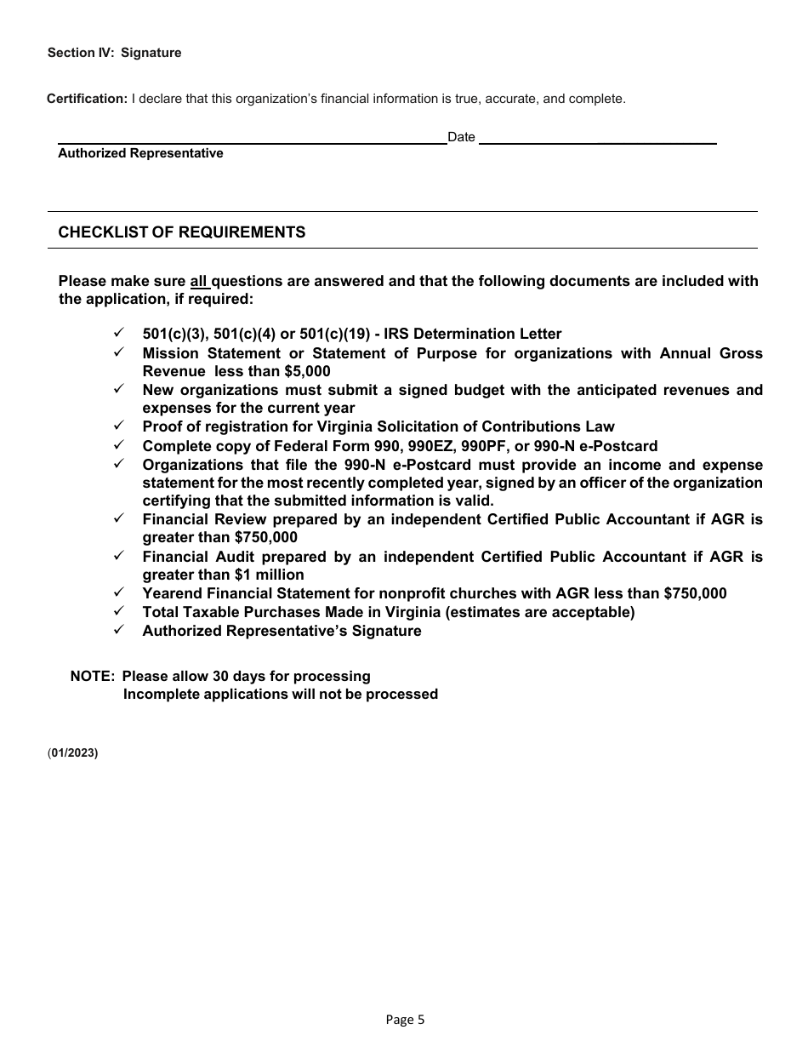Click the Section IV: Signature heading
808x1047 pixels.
[115, 53]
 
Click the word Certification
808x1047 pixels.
[86, 99]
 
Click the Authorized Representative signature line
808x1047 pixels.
[252, 142]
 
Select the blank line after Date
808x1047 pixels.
[598, 142]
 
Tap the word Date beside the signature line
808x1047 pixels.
[461, 137]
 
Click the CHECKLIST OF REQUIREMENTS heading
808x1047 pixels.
[181, 232]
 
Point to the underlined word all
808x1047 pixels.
[198, 282]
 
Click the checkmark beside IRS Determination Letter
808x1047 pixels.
[119, 334]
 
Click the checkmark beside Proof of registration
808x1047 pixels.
[119, 426]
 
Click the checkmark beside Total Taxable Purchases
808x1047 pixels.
[119, 612]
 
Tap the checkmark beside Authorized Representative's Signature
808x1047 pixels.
[119, 631]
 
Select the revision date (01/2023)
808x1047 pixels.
[73, 752]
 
